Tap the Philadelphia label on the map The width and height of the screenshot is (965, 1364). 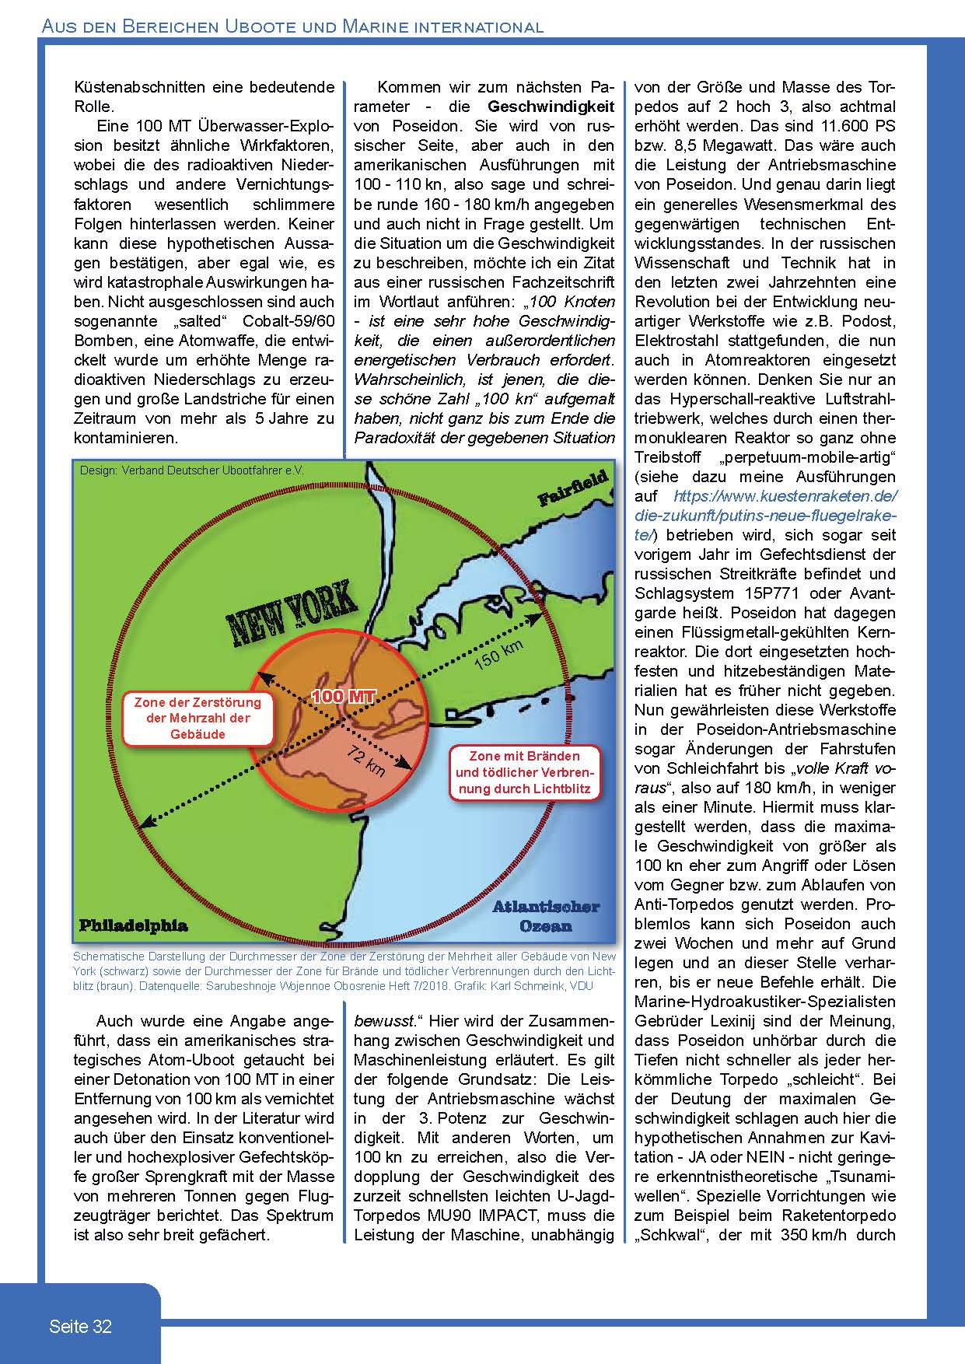(x=133, y=925)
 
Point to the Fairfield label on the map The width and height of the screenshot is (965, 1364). (x=573, y=489)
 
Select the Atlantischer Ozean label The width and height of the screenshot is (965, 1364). (x=545, y=916)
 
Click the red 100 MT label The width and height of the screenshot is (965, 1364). (x=343, y=696)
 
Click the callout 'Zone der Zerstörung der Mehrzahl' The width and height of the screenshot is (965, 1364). (x=198, y=718)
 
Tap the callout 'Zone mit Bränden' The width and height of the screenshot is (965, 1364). (x=524, y=772)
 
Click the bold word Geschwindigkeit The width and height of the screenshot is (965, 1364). (x=551, y=107)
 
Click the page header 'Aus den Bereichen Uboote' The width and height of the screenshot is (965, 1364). (x=292, y=27)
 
